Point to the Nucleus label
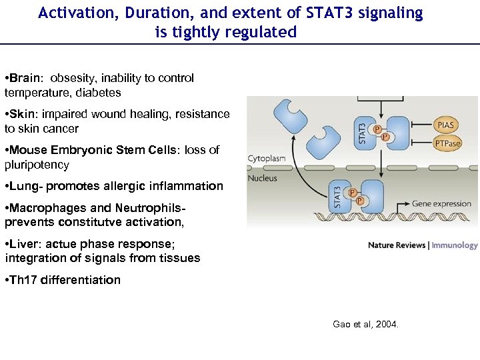pyautogui.click(x=263, y=178)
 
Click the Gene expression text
pyautogui.click(x=441, y=204)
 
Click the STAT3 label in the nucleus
pyautogui.click(x=338, y=198)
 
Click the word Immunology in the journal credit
pyautogui.click(x=455, y=245)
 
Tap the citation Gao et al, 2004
pyautogui.click(x=365, y=325)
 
